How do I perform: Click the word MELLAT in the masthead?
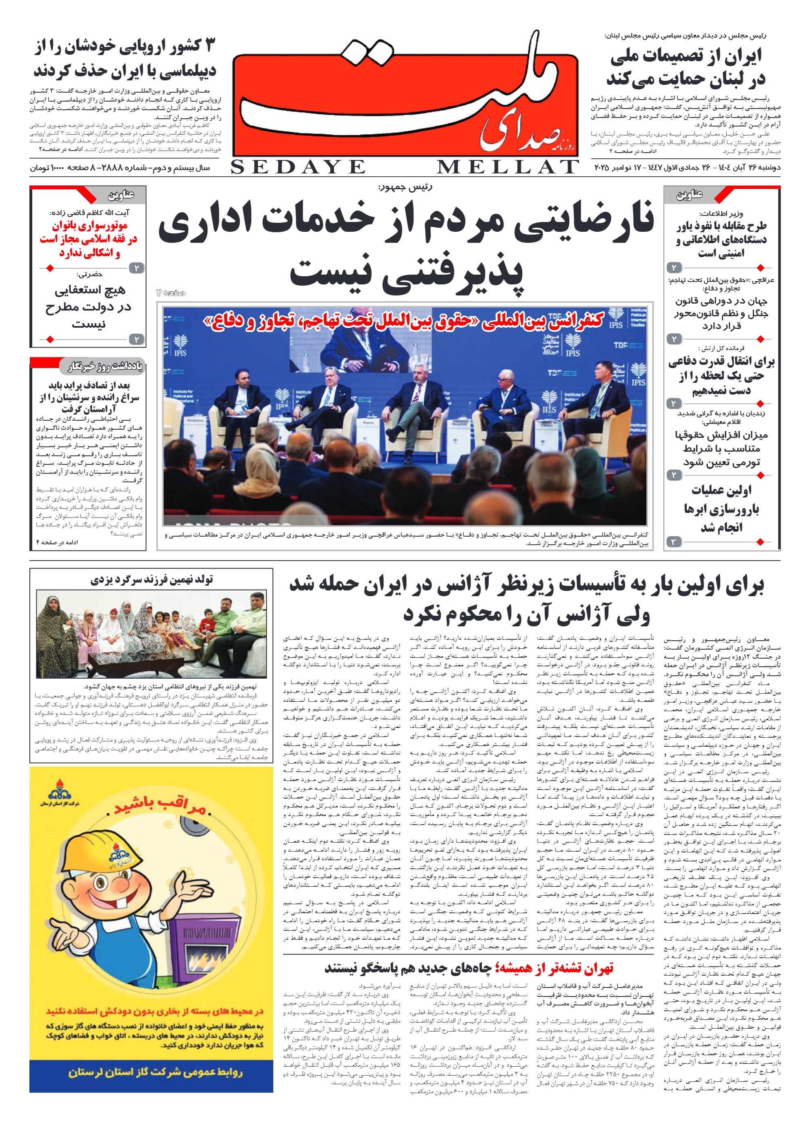508,167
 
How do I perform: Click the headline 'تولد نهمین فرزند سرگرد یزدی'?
151,580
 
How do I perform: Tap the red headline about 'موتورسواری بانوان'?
89,239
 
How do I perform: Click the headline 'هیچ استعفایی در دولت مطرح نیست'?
89,306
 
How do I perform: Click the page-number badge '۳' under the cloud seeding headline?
673,542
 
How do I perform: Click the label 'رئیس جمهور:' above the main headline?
405,187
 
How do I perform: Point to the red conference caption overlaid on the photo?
403,321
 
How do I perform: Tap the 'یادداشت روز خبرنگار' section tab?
105,366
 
